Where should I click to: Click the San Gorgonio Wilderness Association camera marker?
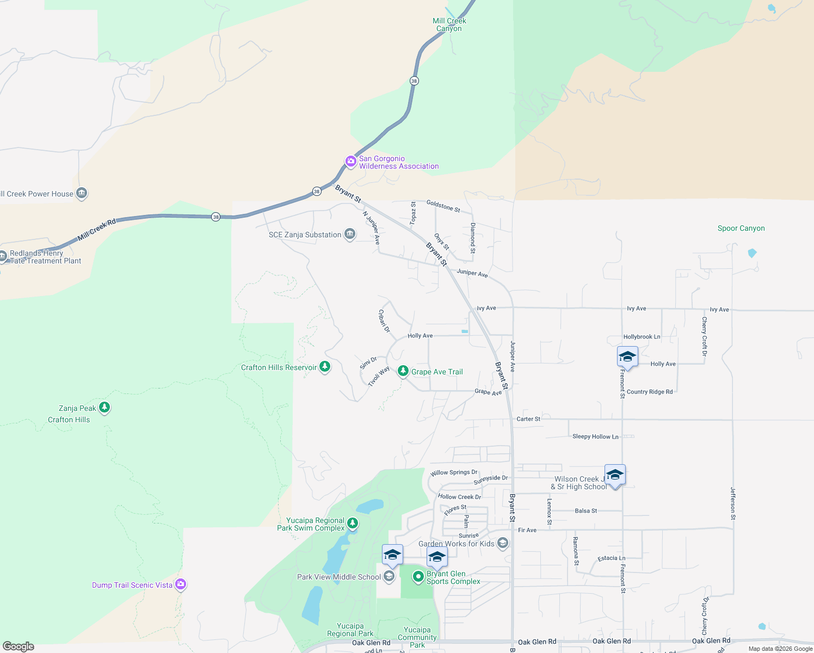click(351, 161)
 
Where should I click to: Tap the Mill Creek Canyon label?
click(449, 24)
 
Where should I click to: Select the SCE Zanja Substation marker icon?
click(350, 234)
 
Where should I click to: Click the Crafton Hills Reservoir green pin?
click(325, 366)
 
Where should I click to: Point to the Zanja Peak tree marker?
click(104, 407)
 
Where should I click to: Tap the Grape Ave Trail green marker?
click(403, 371)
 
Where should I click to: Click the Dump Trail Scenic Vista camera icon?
click(181, 584)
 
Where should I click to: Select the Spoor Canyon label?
click(741, 229)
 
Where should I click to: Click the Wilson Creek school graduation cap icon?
click(615, 475)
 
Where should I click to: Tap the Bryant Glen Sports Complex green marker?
click(418, 576)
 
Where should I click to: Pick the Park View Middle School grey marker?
click(389, 576)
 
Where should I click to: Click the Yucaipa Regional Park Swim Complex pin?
click(353, 523)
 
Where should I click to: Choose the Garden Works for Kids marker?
click(503, 543)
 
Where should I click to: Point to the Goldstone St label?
click(443, 206)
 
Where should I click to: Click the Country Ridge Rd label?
click(650, 392)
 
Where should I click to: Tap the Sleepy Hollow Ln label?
click(595, 436)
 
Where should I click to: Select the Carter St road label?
click(528, 419)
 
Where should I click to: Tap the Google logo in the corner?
click(18, 646)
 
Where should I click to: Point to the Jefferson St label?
click(733, 503)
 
